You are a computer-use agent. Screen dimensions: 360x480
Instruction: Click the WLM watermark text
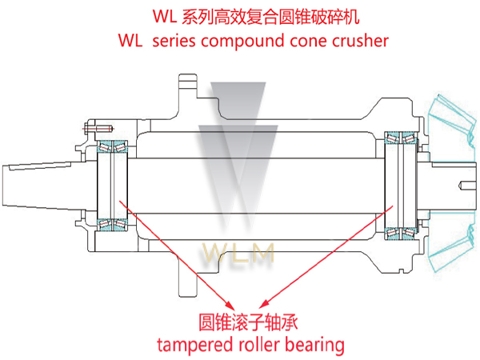click(240, 254)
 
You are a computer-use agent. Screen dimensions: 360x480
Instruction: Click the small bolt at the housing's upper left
click(101, 128)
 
